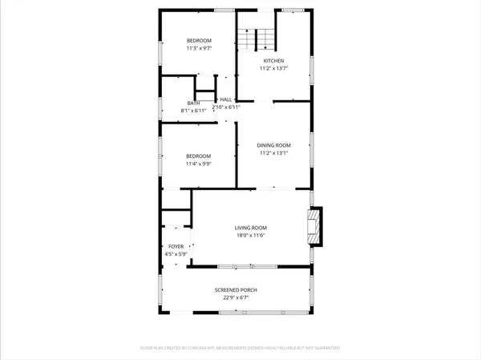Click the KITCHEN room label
click(x=274, y=61)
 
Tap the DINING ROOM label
click(x=274, y=145)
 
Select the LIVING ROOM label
click(x=250, y=228)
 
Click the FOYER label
click(x=176, y=247)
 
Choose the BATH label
click(x=193, y=103)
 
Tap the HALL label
click(x=226, y=99)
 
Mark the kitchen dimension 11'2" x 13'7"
click(x=274, y=69)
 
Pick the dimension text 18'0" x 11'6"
click(x=250, y=236)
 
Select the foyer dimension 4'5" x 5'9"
click(x=176, y=255)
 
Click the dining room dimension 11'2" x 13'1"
click(x=274, y=153)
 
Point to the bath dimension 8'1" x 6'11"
click(x=193, y=110)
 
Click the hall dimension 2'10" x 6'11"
click(x=226, y=107)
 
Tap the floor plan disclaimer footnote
click(x=240, y=348)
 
